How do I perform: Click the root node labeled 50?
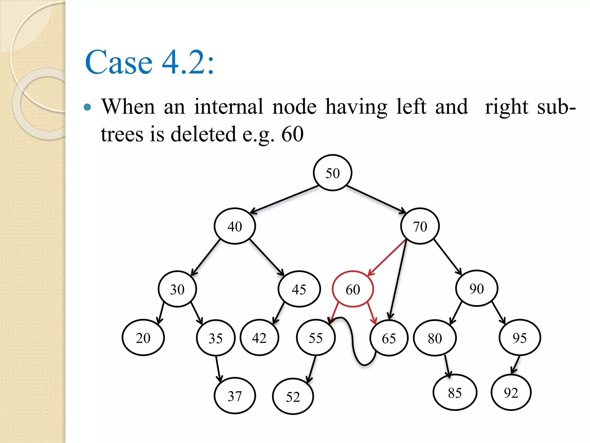coord(332,173)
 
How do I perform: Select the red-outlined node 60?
coord(353,289)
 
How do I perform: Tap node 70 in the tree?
coord(420,226)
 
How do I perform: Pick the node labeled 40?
coord(235,226)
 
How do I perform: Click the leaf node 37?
coord(235,396)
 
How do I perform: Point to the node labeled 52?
coord(293,397)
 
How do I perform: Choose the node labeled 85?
coord(455,393)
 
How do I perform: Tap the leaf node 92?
coord(511,393)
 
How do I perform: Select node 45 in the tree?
coord(299,289)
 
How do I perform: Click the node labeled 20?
coord(143,337)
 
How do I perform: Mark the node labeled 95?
coord(520,337)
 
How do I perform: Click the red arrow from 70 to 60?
coord(387,257)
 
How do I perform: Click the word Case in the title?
coord(118,62)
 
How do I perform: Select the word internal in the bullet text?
coord(228,107)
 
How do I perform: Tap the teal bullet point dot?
coord(87,108)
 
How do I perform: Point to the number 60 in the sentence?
coord(292,134)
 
